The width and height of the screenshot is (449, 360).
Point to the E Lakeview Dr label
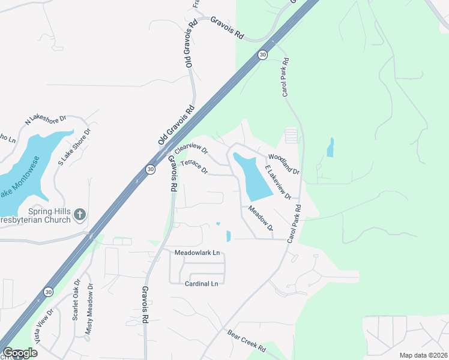coord(278,182)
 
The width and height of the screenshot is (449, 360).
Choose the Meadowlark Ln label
coord(197,253)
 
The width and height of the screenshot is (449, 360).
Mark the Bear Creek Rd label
coord(246,341)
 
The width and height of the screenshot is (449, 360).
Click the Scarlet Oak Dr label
coord(76,300)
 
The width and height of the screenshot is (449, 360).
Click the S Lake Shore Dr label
coord(74,147)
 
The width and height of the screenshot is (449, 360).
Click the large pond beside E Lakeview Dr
coord(252,177)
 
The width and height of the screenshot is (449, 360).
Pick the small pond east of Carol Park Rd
coord(330,148)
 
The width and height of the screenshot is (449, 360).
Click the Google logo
coord(20,353)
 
